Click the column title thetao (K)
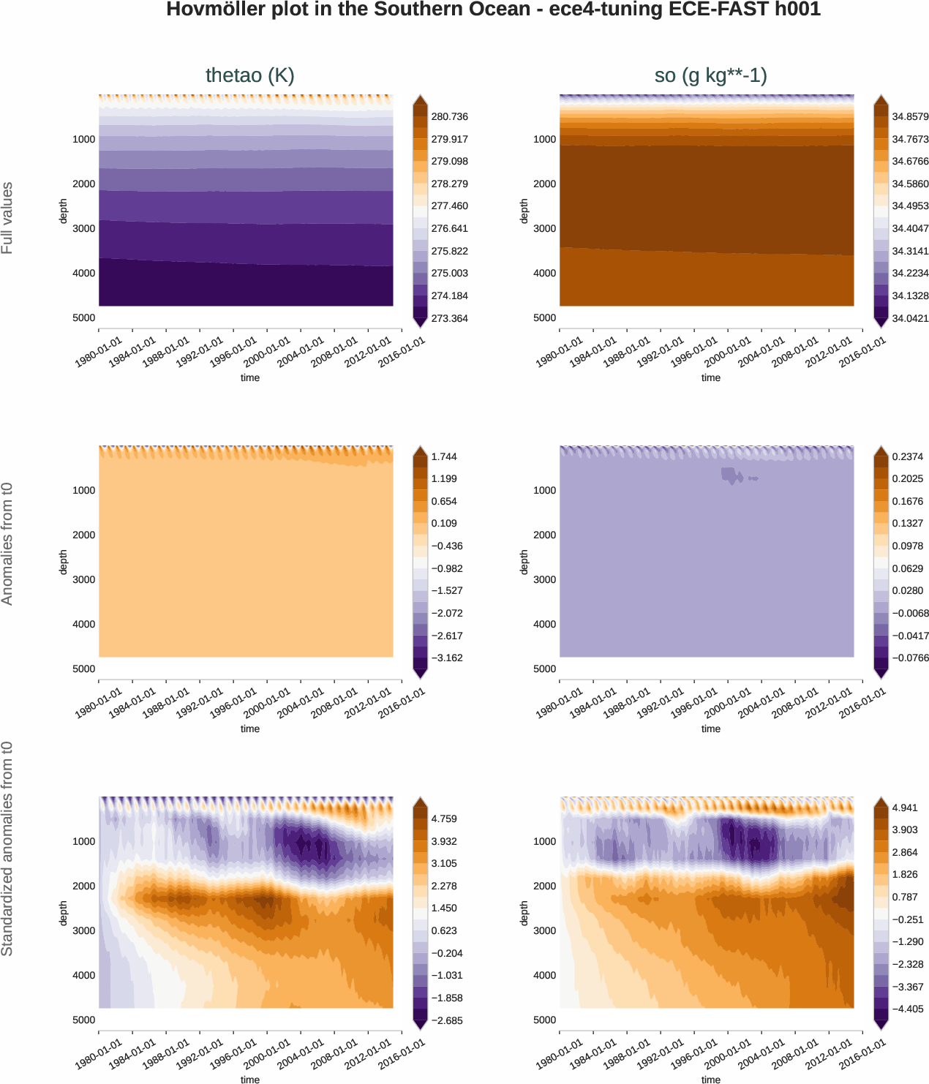point(249,75)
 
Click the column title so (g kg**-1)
point(710,75)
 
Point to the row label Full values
point(7,218)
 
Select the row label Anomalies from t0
point(7,544)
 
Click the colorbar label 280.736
point(449,117)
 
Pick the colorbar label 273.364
point(449,318)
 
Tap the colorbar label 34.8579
point(910,117)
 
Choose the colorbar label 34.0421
point(910,318)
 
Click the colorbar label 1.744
point(444,456)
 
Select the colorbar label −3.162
point(446,658)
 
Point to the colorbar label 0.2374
point(907,456)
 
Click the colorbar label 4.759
point(444,818)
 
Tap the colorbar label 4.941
point(905,808)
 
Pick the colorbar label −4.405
point(907,1009)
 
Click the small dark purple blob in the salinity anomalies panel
point(731,475)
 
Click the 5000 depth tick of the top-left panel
point(83,317)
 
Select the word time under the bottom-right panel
point(710,1080)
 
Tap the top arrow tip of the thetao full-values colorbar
point(420,97)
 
